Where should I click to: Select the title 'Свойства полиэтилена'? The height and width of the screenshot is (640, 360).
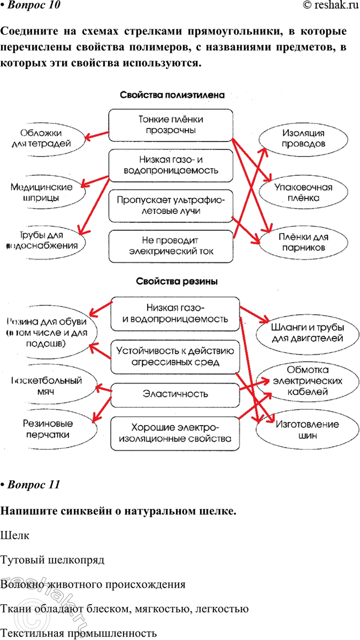[x=172, y=95]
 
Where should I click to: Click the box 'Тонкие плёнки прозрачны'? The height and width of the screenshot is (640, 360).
[x=170, y=125]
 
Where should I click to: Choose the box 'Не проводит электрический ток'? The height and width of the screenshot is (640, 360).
[x=170, y=246]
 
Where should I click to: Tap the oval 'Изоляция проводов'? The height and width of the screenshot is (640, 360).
[x=303, y=139]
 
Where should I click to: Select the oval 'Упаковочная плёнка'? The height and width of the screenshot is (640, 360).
[x=303, y=192]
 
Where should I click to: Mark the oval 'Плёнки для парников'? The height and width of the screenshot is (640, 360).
[x=303, y=243]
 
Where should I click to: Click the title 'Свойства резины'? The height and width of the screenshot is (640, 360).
[x=176, y=281]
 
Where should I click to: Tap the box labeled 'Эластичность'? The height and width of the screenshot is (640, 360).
[x=175, y=394]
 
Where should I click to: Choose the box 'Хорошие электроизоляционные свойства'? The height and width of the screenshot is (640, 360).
[x=175, y=433]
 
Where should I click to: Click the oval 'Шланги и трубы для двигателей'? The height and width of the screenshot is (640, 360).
[x=307, y=332]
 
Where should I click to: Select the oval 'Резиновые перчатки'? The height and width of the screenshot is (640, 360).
[x=46, y=429]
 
